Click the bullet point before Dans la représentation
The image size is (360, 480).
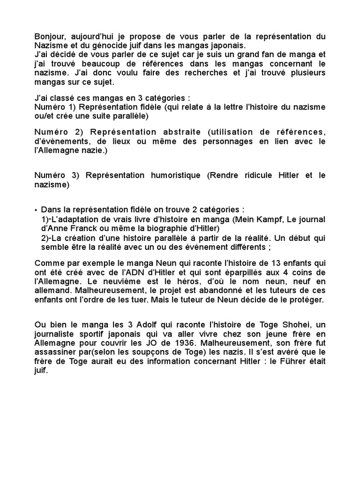coord(37,210)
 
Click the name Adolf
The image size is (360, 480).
coord(103,325)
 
